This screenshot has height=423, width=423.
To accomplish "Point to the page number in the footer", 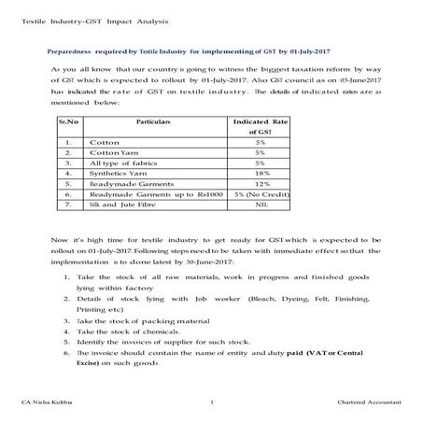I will coord(213,402).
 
